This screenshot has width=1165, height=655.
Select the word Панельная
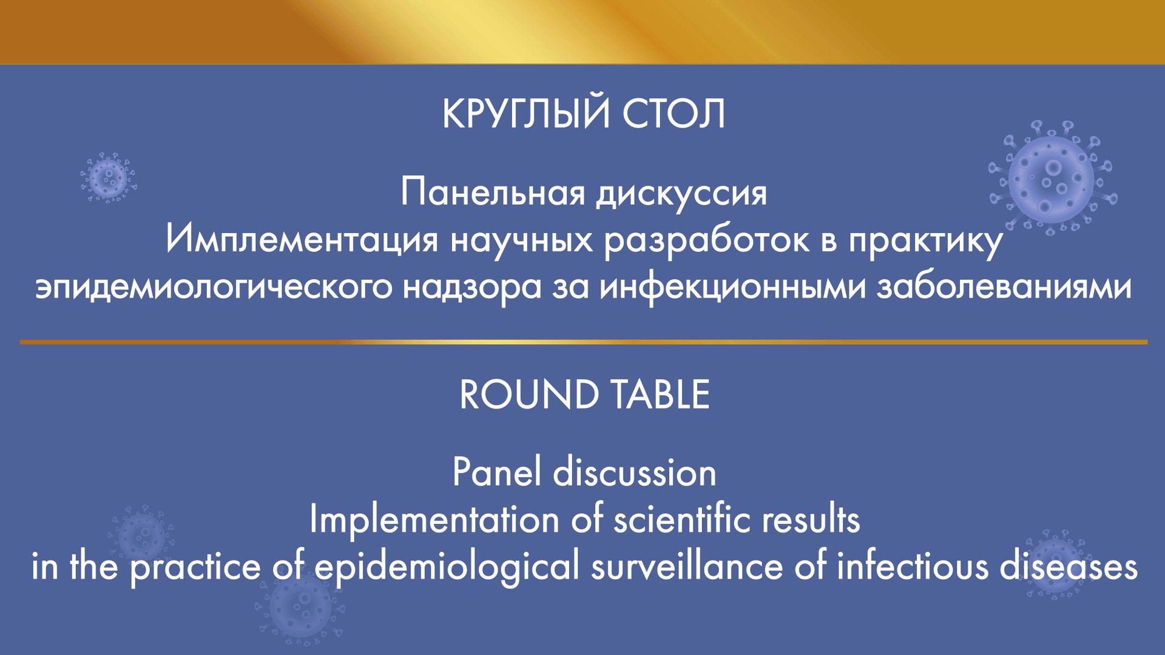[x=493, y=193]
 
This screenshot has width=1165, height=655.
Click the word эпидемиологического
[x=214, y=288]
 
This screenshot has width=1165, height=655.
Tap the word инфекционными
[x=732, y=288]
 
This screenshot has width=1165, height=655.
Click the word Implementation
[x=434, y=520]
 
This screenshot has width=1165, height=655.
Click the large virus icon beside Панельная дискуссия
[x=1052, y=178]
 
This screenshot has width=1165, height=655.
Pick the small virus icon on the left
[x=108, y=177]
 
